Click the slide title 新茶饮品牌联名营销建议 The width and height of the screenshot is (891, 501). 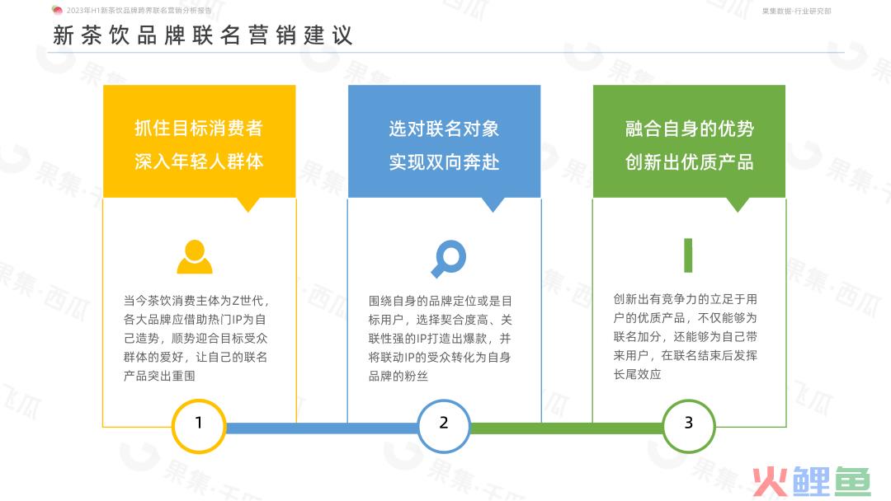[x=203, y=35]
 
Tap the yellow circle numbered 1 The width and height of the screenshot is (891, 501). [x=199, y=426]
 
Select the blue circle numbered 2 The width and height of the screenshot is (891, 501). [x=444, y=426]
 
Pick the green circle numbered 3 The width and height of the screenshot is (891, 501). [x=689, y=426]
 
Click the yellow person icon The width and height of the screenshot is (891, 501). [x=195, y=256]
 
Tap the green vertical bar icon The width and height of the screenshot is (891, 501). [x=688, y=255]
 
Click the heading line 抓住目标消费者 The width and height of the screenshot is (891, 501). [x=199, y=129]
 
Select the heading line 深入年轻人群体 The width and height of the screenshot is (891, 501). [x=199, y=162]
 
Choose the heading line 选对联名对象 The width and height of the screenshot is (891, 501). [x=444, y=129]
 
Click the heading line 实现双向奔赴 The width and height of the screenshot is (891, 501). [x=444, y=162]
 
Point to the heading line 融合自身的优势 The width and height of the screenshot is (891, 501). [x=689, y=129]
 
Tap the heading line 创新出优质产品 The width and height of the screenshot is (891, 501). [x=689, y=162]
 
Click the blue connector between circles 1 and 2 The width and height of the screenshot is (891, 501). [x=322, y=428]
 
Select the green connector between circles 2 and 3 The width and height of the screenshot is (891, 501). [x=567, y=428]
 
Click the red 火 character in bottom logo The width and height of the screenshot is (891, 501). [x=771, y=482]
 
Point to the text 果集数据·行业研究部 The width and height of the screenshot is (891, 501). [x=797, y=11]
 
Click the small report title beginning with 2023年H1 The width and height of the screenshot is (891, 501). [x=139, y=10]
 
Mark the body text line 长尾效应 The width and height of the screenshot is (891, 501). [x=637, y=374]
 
